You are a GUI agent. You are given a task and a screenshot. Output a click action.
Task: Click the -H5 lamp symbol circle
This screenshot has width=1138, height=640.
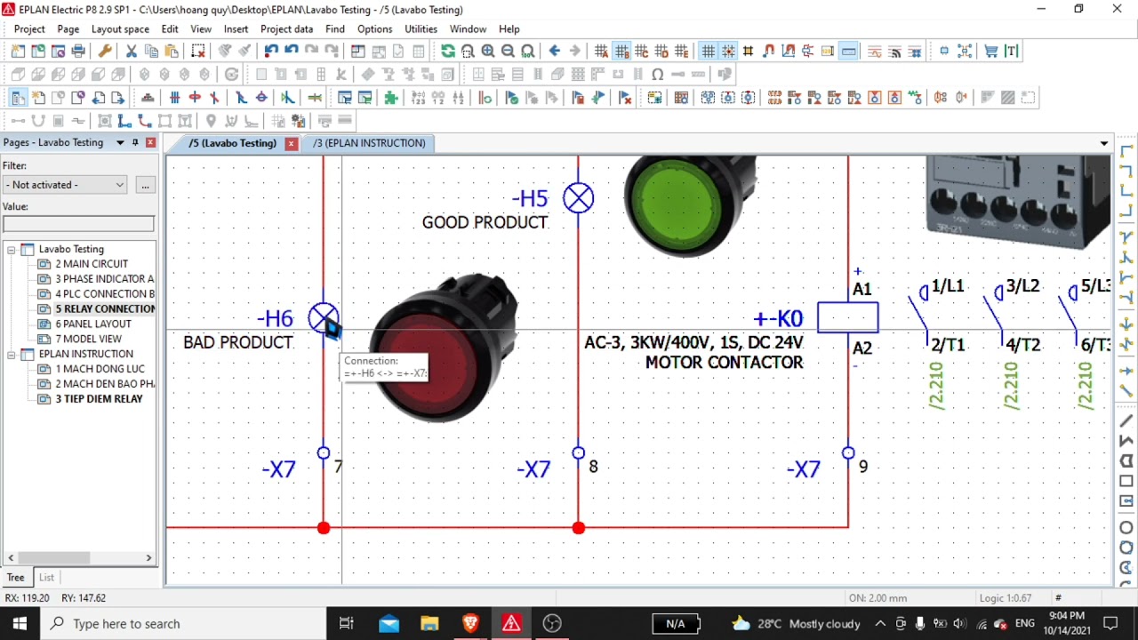[x=579, y=198]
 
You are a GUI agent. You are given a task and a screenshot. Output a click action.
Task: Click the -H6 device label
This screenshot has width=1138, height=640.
[x=275, y=319]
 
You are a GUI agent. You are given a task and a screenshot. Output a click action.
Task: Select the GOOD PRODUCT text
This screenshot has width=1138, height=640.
[x=485, y=222]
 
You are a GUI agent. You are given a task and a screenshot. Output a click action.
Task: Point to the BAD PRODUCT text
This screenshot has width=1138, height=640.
[x=238, y=342]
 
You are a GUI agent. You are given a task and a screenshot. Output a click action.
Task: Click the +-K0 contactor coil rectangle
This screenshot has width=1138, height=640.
[x=847, y=317]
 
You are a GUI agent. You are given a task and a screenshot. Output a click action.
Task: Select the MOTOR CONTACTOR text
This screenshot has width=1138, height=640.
[x=724, y=363]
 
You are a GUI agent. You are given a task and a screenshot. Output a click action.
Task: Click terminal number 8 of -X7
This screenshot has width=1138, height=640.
[x=593, y=467]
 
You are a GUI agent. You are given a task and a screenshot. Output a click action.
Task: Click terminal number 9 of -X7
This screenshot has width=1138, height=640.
[x=862, y=467]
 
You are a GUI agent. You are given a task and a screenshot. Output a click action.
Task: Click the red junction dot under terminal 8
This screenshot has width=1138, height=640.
[x=579, y=528]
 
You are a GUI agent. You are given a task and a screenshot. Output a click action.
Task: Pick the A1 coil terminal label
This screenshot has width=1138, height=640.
[x=862, y=290]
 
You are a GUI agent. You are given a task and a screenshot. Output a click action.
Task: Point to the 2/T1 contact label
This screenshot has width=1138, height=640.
[x=948, y=345]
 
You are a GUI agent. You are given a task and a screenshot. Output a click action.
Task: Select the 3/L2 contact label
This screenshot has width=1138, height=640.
[x=1022, y=286]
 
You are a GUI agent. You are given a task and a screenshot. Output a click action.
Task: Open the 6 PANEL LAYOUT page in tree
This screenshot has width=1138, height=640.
[x=93, y=324]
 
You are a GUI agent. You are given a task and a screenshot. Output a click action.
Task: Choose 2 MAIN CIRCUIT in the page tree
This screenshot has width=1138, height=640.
[x=92, y=264]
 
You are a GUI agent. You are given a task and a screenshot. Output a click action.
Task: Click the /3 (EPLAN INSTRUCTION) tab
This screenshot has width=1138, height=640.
[x=369, y=143]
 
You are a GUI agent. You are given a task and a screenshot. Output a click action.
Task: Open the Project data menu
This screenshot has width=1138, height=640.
[x=286, y=29]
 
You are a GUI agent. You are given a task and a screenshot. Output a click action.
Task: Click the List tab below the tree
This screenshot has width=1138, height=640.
[x=46, y=578]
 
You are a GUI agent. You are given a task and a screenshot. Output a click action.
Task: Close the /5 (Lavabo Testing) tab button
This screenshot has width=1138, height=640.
[x=291, y=143]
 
